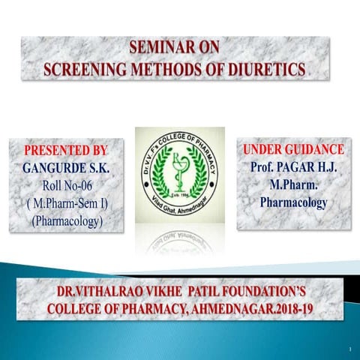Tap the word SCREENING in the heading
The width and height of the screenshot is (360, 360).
pos(87,70)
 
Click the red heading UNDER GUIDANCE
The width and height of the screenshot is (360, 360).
pos(293,149)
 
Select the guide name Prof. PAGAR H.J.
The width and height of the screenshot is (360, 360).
pos(293,166)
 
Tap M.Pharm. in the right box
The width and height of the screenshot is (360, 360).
pos(293,184)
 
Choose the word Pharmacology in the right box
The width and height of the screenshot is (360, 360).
pos(293,202)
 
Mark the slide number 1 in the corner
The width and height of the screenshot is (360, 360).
pos(349,349)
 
